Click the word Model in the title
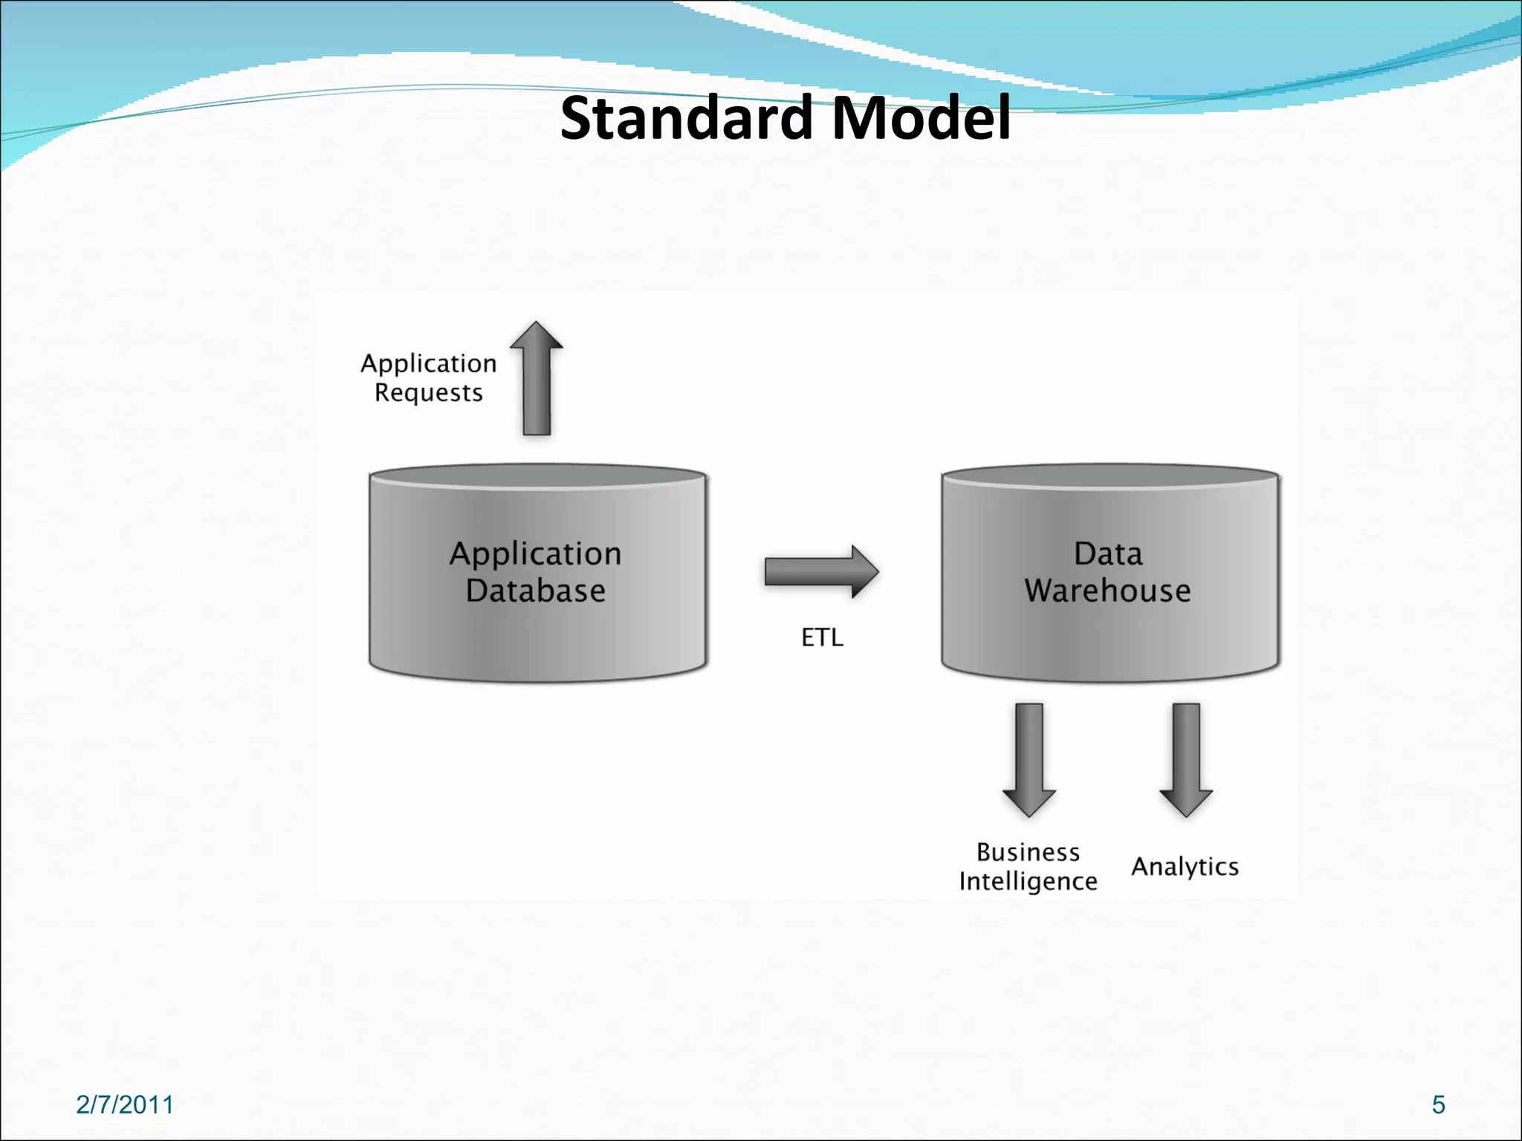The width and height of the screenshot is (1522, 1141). [921, 119]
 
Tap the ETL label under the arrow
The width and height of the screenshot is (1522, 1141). [822, 637]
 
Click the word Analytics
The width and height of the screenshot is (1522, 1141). [1185, 867]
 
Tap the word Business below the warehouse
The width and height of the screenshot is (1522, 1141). [1028, 852]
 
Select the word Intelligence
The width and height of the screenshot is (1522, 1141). [1028, 882]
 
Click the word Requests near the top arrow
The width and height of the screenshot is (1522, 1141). [429, 393]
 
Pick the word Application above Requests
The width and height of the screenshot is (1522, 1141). [429, 363]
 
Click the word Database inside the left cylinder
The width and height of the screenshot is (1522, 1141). [536, 591]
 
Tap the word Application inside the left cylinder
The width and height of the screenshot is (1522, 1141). [536, 554]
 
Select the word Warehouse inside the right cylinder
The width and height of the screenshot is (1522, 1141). [1107, 591]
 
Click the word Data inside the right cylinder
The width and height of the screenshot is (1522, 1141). [1107, 554]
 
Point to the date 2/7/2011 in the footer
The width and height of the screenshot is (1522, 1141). [125, 1105]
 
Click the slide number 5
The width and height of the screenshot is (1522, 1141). [1439, 1105]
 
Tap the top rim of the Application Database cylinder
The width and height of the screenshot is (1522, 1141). [537, 475]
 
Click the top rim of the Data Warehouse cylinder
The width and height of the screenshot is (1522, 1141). [1110, 475]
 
